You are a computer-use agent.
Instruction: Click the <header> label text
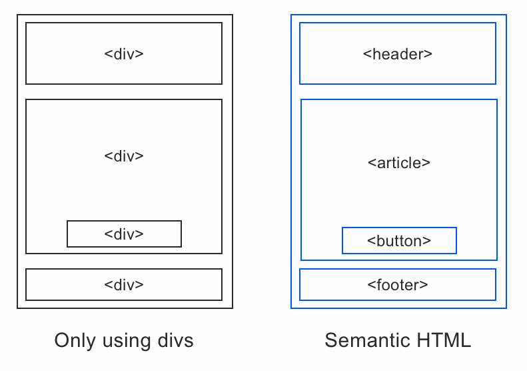click(398, 54)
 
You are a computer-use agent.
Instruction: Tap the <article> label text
click(399, 162)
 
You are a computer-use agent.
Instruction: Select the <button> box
click(399, 241)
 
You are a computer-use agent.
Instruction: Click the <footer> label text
click(398, 285)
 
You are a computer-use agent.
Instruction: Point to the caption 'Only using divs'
click(124, 341)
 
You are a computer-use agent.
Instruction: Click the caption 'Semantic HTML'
click(398, 341)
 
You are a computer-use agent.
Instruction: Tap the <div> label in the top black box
click(124, 54)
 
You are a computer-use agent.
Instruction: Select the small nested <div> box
click(124, 234)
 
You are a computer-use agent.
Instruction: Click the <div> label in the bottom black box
click(124, 285)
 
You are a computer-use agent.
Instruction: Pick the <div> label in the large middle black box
click(124, 155)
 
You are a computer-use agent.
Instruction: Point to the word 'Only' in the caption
click(71, 341)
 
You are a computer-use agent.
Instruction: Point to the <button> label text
click(399, 241)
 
